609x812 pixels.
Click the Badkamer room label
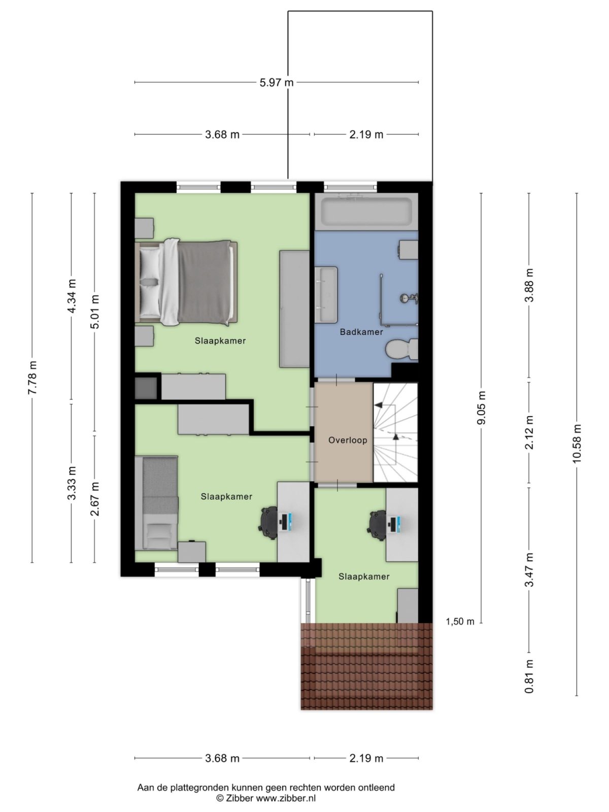[361, 332]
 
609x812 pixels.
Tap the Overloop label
[347, 440]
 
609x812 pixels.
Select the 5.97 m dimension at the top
[277, 82]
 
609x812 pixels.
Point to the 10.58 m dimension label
[577, 443]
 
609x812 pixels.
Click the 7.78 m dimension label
[32, 378]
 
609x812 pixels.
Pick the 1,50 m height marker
[460, 622]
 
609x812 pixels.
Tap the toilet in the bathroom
[401, 350]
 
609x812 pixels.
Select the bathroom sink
[326, 294]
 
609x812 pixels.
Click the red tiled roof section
[366, 666]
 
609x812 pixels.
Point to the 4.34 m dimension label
[72, 296]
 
